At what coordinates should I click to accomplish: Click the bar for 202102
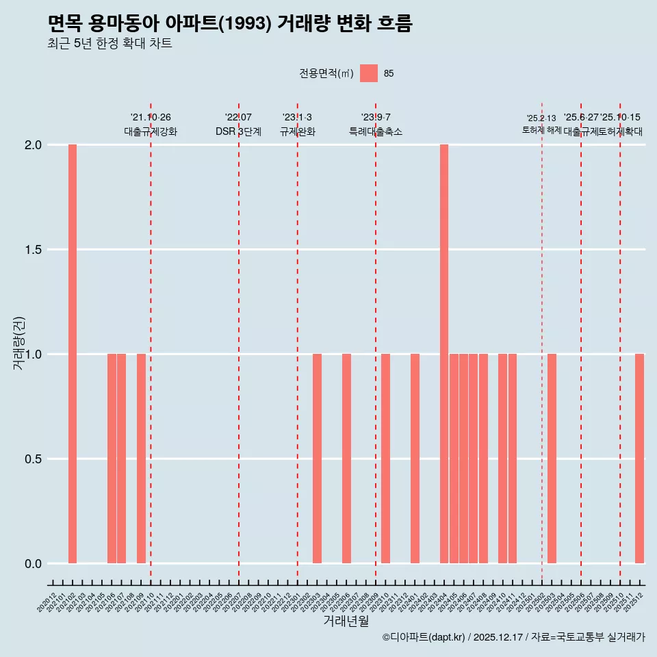(x=73, y=354)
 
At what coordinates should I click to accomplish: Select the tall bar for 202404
(x=444, y=354)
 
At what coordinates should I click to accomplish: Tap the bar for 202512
(x=639, y=459)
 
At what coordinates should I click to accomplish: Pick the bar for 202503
(x=552, y=459)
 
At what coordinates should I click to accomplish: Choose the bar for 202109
(x=141, y=459)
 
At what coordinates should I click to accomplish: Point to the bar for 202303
(x=317, y=459)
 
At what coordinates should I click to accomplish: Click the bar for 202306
(x=346, y=459)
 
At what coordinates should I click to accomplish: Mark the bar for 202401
(x=415, y=459)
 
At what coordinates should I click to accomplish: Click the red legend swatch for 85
(x=369, y=73)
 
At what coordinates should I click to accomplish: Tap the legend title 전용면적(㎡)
(x=326, y=73)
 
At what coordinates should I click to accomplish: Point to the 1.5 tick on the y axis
(x=34, y=250)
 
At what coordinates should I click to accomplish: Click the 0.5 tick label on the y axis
(x=34, y=459)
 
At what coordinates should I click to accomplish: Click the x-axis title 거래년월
(x=346, y=621)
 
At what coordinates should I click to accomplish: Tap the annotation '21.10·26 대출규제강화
(x=151, y=125)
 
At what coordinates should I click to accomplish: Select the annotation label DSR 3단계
(x=238, y=131)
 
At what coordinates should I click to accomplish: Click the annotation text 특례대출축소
(x=376, y=131)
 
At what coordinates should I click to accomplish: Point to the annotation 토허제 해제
(x=541, y=130)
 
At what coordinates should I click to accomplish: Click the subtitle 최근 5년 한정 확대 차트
(x=109, y=44)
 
